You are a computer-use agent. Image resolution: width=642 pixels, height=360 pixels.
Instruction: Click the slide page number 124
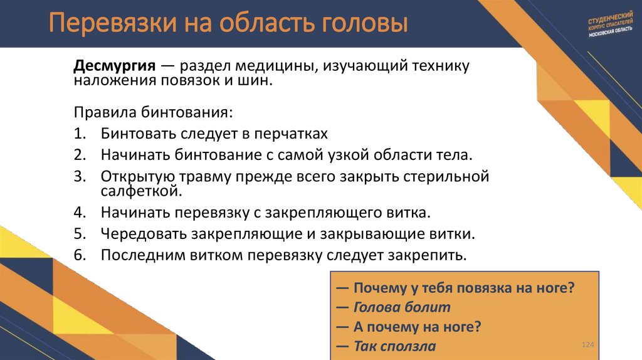point(587,346)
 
